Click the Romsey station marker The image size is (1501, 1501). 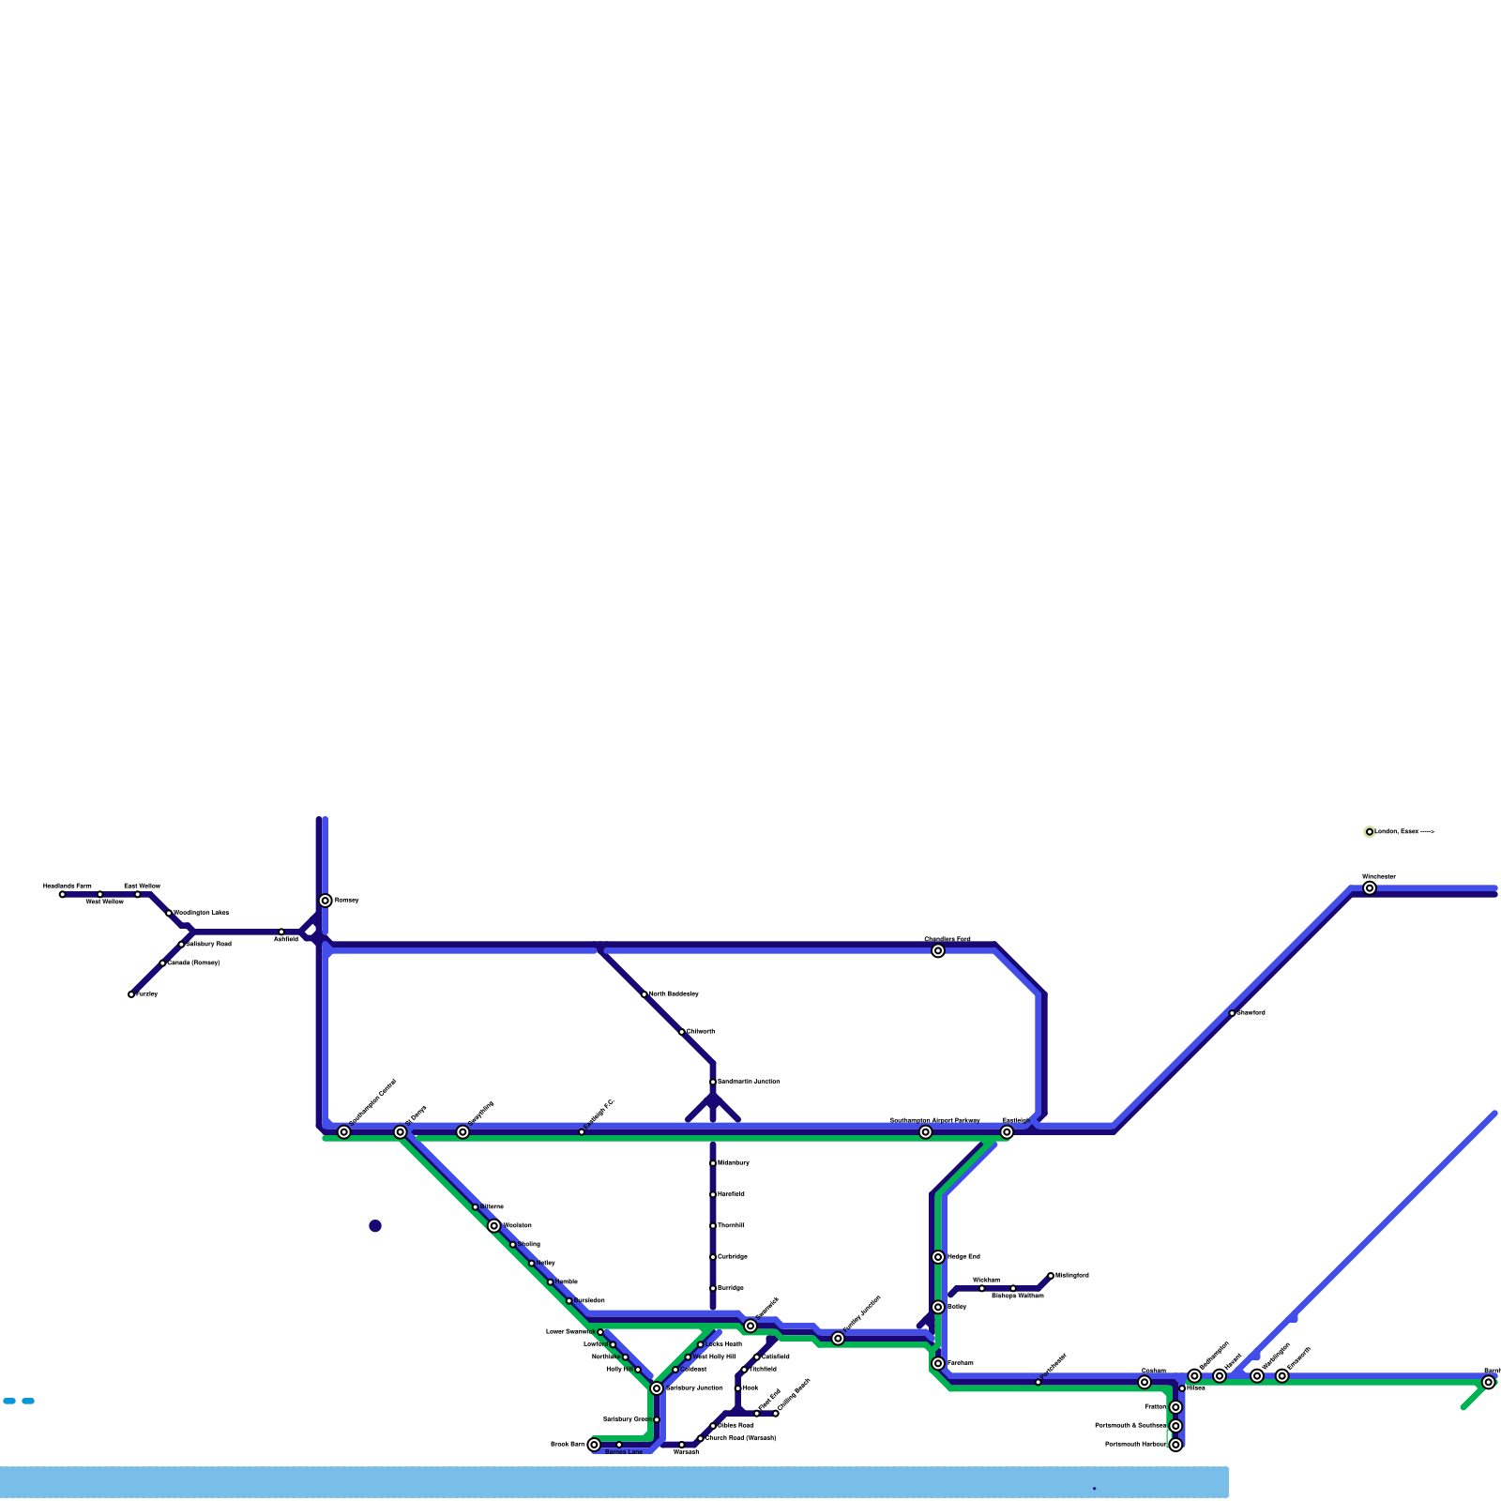pyautogui.click(x=326, y=901)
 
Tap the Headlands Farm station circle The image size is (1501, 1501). pyautogui.click(x=63, y=894)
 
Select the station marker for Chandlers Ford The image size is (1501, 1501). pyautogui.click(x=938, y=951)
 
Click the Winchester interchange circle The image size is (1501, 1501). pyautogui.click(x=1370, y=888)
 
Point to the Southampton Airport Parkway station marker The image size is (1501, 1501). pyautogui.click(x=926, y=1132)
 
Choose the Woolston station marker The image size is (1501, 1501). pyautogui.click(x=494, y=1226)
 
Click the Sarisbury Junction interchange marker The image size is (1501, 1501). pyautogui.click(x=657, y=1388)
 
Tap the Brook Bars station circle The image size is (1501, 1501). pyautogui.click(x=594, y=1445)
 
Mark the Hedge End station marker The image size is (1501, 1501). pyautogui.click(x=938, y=1257)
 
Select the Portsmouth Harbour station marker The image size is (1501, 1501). pyautogui.click(x=1175, y=1445)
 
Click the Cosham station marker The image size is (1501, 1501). pyautogui.click(x=1145, y=1383)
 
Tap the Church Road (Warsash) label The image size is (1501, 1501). pyautogui.click(x=740, y=1438)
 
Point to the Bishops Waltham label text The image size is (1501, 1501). pyautogui.click(x=1018, y=1296)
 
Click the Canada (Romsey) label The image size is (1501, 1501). pyautogui.click(x=193, y=963)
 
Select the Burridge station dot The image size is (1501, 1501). pyautogui.click(x=713, y=1288)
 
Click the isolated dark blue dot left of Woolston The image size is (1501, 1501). pyautogui.click(x=375, y=1226)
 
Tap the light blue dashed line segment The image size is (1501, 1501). pyautogui.click(x=19, y=1402)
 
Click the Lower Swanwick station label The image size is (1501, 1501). pyautogui.click(x=570, y=1332)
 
